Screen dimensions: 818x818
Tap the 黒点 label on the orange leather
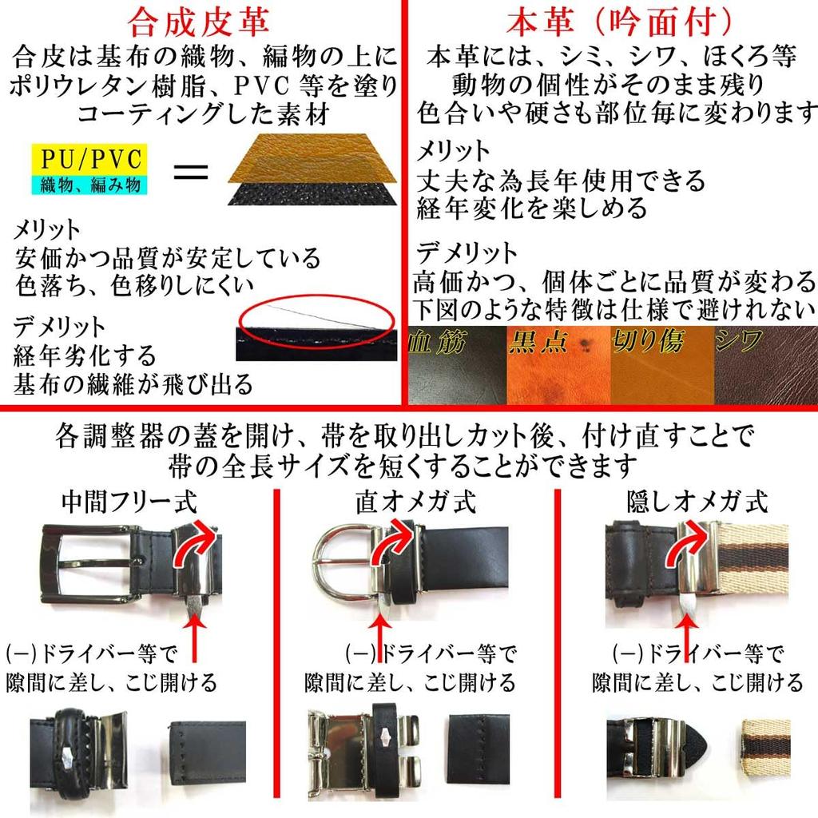pyautogui.click(x=537, y=343)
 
